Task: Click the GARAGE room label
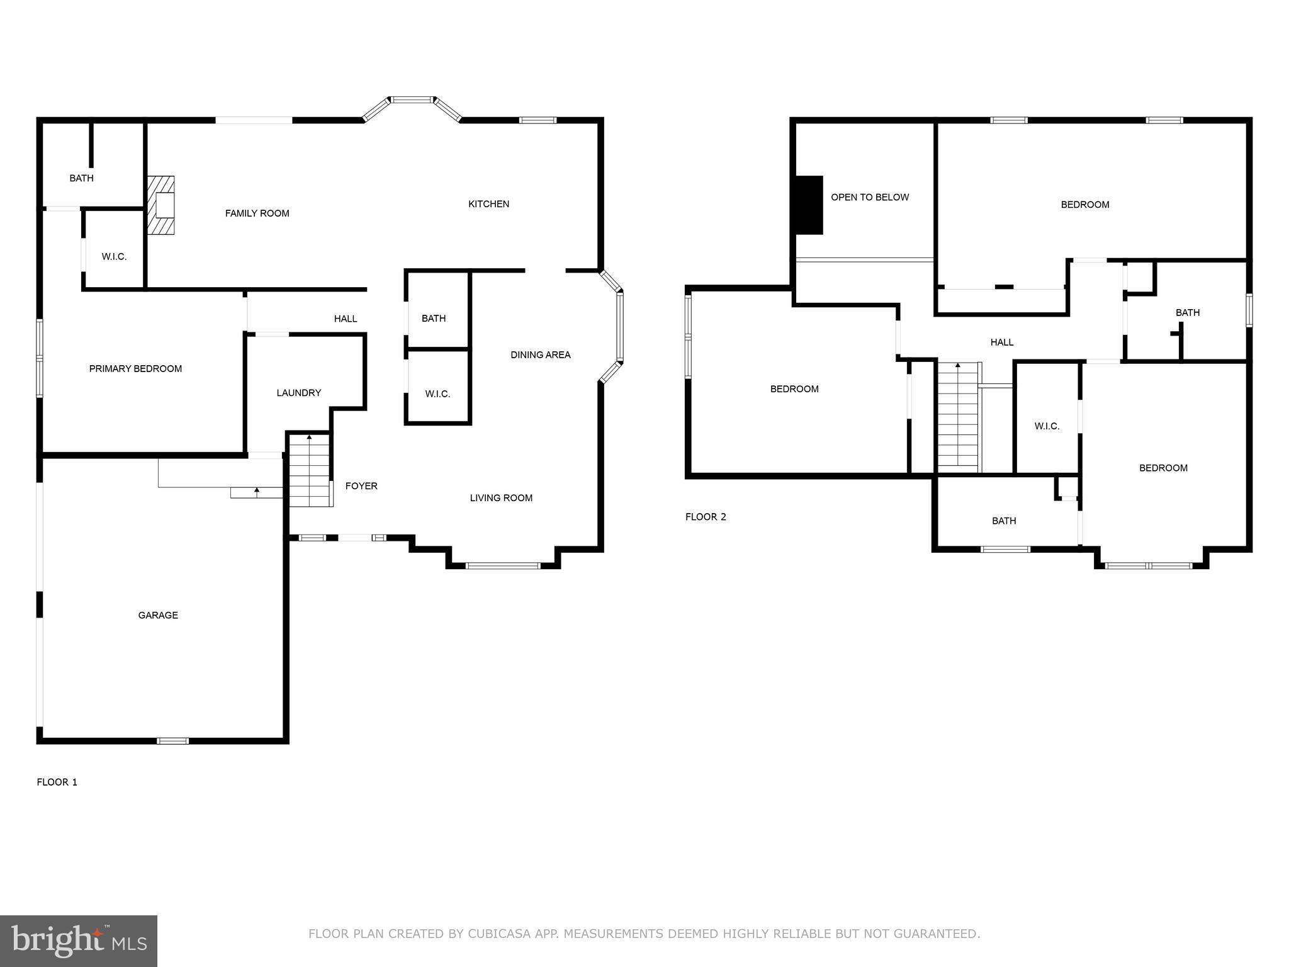[158, 615]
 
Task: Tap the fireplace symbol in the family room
[161, 205]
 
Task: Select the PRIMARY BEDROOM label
[135, 369]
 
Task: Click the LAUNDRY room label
[298, 393]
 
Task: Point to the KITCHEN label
[488, 204]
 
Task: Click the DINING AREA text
[540, 355]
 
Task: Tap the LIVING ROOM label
[501, 498]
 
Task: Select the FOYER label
[361, 486]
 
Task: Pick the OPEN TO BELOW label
[870, 197]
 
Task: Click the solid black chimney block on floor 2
[809, 205]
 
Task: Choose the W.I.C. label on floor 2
[1047, 426]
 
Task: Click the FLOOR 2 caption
[706, 517]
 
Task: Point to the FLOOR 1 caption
[57, 782]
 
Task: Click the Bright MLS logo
[79, 941]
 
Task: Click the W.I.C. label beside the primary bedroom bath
[114, 257]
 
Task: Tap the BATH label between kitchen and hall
[434, 319]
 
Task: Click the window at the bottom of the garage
[172, 741]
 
